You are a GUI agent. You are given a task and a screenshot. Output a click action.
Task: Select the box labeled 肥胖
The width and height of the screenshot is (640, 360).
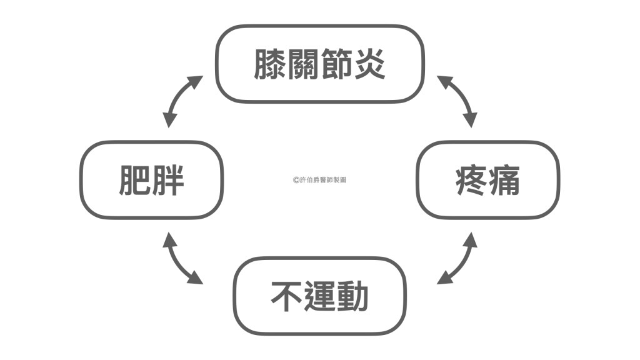pos(151,179)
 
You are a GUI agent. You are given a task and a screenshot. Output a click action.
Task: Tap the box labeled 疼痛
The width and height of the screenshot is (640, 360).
pos(488,179)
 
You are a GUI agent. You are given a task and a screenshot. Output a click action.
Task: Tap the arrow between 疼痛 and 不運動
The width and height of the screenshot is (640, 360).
pos(457,257)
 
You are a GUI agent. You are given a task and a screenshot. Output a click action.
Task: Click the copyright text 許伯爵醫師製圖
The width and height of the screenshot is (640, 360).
pos(319,179)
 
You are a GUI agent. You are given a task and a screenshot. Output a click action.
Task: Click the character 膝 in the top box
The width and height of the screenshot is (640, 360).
pos(270,64)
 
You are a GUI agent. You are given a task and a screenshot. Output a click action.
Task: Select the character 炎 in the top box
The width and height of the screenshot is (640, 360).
pos(369,64)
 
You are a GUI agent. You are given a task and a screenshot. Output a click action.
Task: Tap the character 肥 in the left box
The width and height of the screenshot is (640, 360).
pos(135,179)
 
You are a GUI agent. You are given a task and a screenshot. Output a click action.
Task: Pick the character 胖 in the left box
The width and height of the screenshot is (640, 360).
pos(168,179)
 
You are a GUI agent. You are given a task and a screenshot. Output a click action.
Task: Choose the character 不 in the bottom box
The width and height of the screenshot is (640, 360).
pos(287,296)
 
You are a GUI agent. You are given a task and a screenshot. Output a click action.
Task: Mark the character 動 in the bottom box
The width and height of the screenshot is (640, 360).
pos(353,296)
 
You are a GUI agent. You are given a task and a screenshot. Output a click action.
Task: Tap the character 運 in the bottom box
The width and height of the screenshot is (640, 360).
pos(320,296)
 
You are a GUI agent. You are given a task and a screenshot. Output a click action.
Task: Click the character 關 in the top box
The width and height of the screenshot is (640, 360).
pos(303,64)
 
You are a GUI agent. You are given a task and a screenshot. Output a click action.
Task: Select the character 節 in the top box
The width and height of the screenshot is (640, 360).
pos(336,64)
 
